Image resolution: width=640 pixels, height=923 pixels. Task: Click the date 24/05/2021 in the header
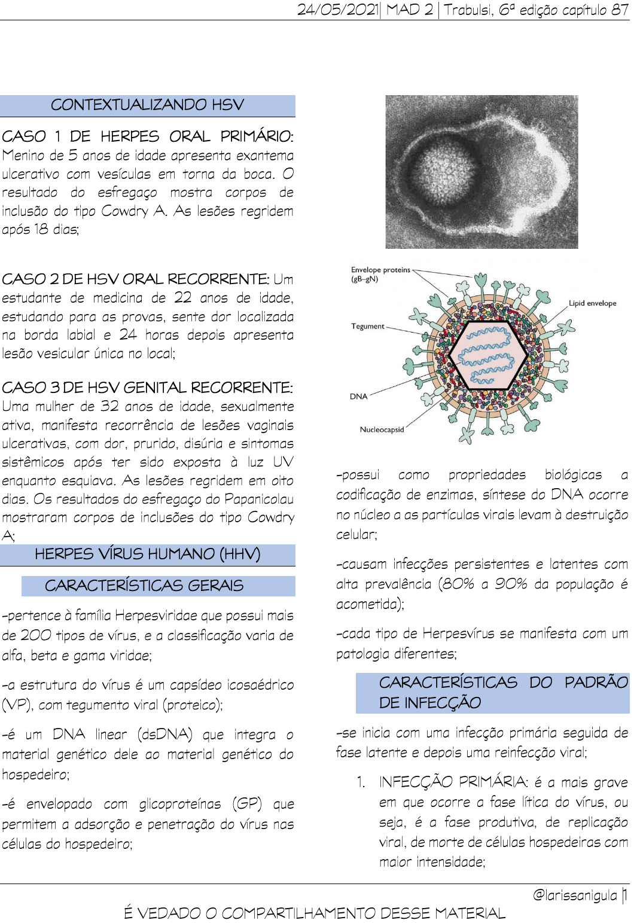pyautogui.click(x=337, y=10)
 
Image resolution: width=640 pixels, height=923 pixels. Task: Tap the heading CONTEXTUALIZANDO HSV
pyautogui.click(x=147, y=105)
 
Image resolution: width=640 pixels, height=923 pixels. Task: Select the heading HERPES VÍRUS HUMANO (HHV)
pyautogui.click(x=147, y=555)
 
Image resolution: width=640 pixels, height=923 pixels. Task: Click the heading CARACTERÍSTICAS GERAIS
pyautogui.click(x=144, y=586)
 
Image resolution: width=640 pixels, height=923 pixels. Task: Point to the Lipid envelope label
pyautogui.click(x=592, y=303)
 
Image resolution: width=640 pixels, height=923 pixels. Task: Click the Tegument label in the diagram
pyautogui.click(x=367, y=326)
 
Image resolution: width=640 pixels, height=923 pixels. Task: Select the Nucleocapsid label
pyautogui.click(x=382, y=429)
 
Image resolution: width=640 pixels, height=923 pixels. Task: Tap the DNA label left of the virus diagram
pyautogui.click(x=358, y=396)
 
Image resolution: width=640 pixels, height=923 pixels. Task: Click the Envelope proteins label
pyautogui.click(x=380, y=270)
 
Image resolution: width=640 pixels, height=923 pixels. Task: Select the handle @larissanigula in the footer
pyautogui.click(x=574, y=895)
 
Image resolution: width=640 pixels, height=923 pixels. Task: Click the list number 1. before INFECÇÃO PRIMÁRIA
pyautogui.click(x=361, y=782)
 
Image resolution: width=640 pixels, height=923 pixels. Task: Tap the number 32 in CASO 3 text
pyautogui.click(x=109, y=406)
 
